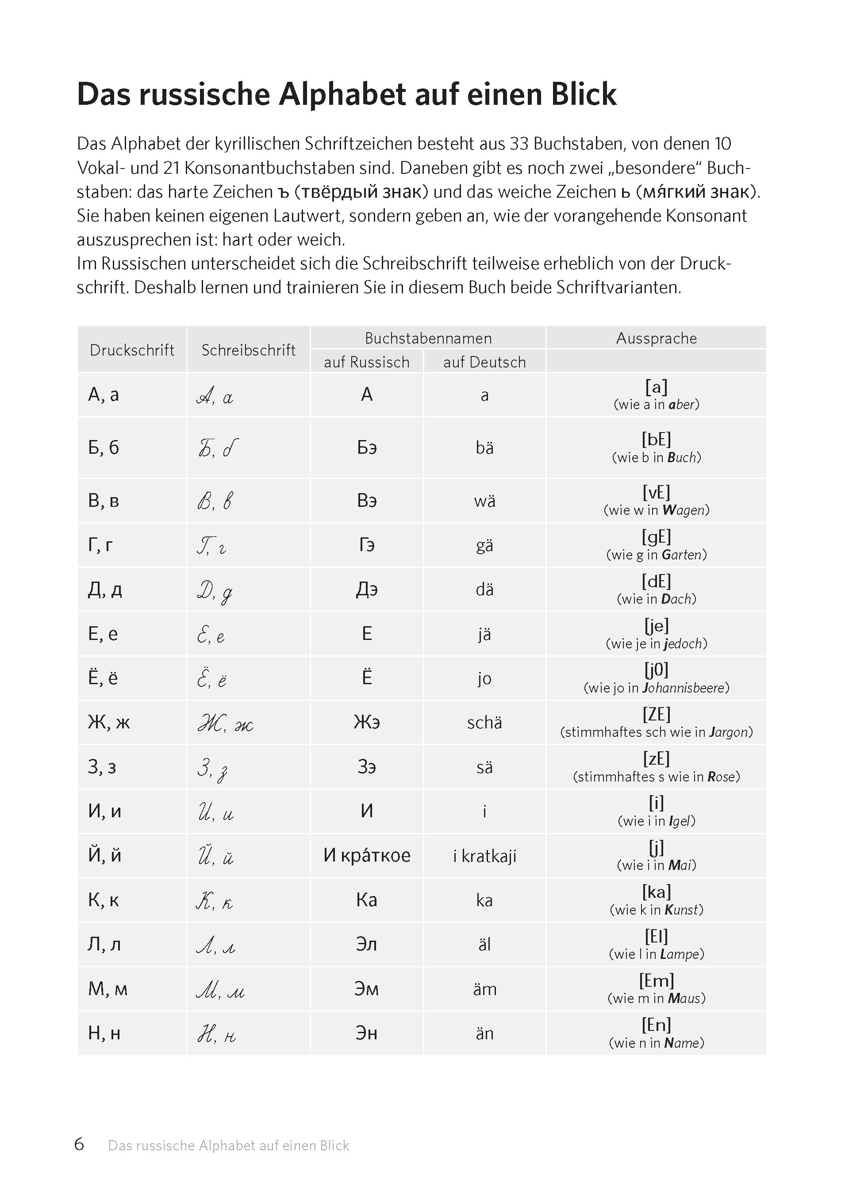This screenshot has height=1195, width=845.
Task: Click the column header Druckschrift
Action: coord(132,350)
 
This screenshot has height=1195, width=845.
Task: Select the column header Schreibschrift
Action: coord(248,350)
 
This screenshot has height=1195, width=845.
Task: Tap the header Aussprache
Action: coord(656,338)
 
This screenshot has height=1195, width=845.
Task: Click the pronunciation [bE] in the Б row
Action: coord(656,440)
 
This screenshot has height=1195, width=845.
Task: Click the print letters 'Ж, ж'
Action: coord(109,722)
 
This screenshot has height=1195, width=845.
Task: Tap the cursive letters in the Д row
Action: coord(215,591)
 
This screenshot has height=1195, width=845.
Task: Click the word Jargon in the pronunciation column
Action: coord(730,732)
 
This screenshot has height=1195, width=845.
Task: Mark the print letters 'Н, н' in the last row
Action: coord(104,1033)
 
